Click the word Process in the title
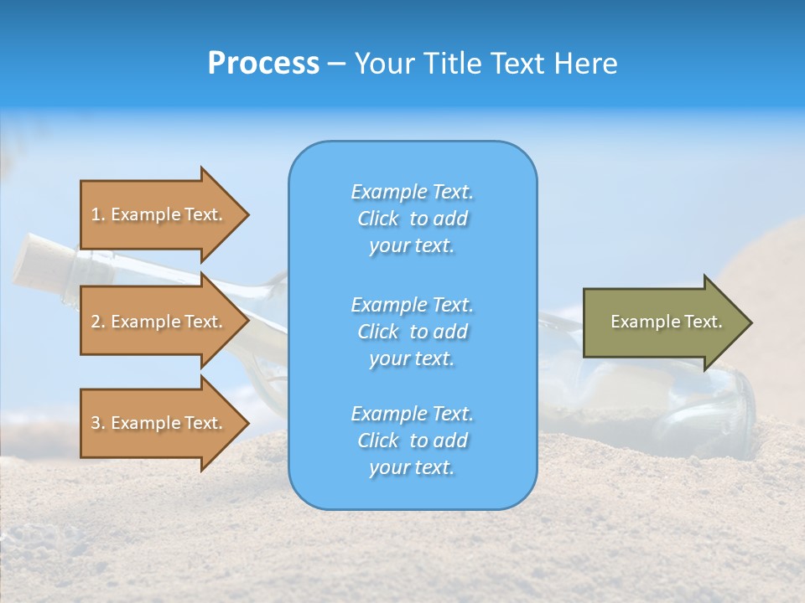tap(263, 64)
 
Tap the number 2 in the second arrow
tap(96, 322)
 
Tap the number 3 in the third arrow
tap(96, 423)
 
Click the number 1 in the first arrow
tap(96, 214)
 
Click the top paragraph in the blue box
tap(412, 219)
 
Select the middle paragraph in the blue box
tap(412, 332)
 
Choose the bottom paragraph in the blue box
tap(412, 441)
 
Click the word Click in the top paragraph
tap(378, 219)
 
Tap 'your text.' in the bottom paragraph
tap(412, 467)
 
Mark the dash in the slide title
tap(336, 64)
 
